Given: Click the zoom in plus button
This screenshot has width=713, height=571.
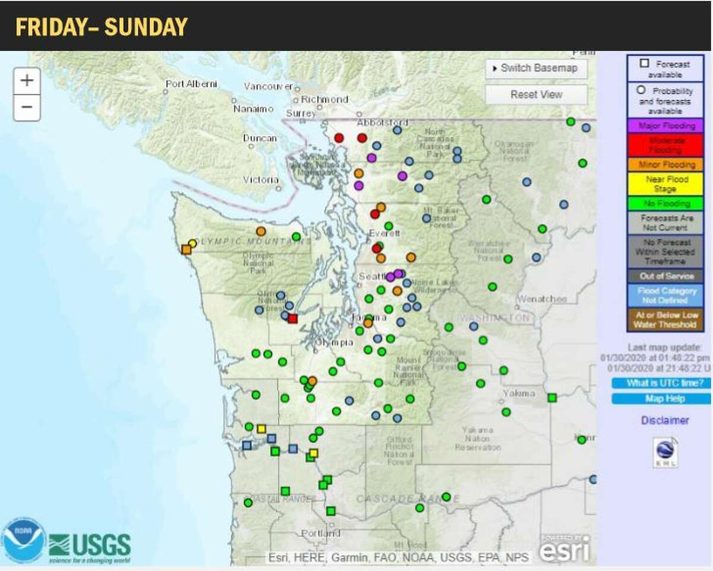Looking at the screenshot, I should (27, 81).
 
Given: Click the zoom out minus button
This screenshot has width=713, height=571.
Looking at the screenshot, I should (27, 108).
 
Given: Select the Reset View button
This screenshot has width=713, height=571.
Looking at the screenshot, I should (536, 94).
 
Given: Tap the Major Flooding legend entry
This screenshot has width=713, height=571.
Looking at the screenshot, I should (665, 126).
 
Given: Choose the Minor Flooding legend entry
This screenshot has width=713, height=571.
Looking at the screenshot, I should (665, 165).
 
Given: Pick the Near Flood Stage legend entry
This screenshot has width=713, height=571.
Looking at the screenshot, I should (665, 184).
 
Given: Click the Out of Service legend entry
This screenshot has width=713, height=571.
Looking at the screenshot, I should (665, 276).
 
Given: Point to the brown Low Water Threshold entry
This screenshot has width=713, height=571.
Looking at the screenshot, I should (665, 319).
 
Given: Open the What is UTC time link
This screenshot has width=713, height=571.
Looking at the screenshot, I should (661, 383).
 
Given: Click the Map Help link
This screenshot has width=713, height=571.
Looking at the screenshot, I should (661, 399).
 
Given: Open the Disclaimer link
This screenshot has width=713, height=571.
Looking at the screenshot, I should (665, 421).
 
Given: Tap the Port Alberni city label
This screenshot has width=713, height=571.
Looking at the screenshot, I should (191, 84).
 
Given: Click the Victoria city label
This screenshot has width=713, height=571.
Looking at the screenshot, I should (261, 179).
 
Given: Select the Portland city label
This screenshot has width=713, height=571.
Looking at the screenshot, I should (320, 534).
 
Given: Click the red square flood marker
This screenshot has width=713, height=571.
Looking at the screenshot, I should (292, 318).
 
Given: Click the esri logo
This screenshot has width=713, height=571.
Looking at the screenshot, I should (564, 548).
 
